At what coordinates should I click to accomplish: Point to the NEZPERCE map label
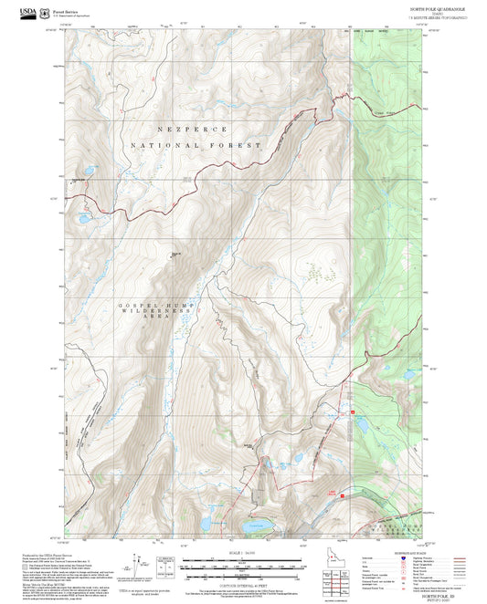pyautogui.click(x=193, y=130)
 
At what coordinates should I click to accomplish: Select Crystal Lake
pyautogui.click(x=255, y=526)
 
